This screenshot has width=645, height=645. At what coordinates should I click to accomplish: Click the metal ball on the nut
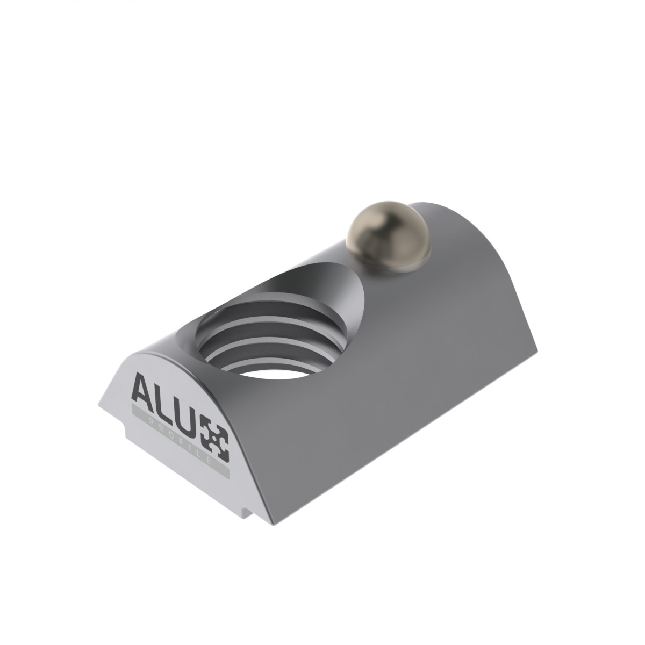(389, 236)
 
